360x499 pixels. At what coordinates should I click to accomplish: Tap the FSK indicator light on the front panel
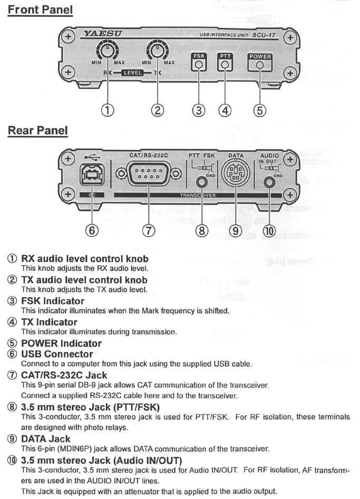click(x=198, y=66)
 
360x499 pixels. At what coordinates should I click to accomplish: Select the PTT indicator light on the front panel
click(x=225, y=66)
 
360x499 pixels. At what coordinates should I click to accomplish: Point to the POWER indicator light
click(x=259, y=66)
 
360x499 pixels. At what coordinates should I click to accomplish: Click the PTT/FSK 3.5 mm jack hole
click(x=201, y=182)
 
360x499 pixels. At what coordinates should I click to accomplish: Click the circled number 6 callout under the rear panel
click(x=91, y=231)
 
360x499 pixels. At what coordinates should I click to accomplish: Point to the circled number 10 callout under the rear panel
click(x=269, y=231)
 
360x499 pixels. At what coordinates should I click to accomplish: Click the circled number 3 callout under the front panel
click(x=198, y=110)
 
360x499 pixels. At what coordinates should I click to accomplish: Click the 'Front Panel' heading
click(x=41, y=9)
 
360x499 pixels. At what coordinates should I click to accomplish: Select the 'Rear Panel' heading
click(x=38, y=130)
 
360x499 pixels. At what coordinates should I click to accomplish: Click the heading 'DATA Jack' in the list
click(x=46, y=439)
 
